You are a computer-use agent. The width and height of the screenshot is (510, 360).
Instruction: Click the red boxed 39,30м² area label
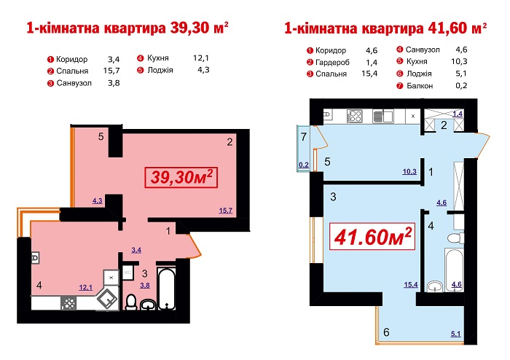(x=181, y=178)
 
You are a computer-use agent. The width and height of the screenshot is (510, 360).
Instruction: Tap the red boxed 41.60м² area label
(x=372, y=236)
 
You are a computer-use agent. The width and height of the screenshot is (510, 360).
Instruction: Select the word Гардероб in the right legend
(x=332, y=62)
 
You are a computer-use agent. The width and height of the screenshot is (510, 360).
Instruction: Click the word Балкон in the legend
(x=420, y=86)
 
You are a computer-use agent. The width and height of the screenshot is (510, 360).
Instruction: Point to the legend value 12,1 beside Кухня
(x=200, y=58)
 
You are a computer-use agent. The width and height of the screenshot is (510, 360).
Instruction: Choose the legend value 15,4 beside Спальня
(x=369, y=74)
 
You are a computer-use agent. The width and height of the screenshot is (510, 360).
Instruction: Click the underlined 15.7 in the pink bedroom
(x=225, y=211)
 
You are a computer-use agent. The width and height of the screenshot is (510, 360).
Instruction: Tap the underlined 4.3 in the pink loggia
(x=97, y=200)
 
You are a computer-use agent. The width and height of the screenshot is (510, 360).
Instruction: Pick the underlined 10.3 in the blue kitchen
(x=409, y=171)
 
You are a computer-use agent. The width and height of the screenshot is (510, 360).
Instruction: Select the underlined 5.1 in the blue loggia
(x=455, y=333)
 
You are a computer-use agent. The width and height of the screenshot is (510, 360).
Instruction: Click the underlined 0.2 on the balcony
(x=304, y=165)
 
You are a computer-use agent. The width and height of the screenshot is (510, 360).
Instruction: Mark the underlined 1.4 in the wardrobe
(x=458, y=114)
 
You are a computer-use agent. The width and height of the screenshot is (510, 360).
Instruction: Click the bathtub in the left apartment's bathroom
(x=166, y=289)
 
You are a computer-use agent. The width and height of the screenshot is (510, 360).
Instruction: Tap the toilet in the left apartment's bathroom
(x=131, y=302)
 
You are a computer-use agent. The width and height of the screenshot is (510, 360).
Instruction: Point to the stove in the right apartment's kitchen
(x=355, y=116)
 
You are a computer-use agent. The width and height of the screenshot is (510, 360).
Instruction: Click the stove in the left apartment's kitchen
(x=68, y=303)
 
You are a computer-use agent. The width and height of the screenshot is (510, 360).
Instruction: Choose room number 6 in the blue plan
(x=386, y=332)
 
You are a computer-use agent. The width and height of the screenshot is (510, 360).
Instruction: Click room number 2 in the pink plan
(x=229, y=142)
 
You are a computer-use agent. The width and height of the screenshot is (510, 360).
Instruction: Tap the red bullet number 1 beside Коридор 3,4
(x=50, y=60)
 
